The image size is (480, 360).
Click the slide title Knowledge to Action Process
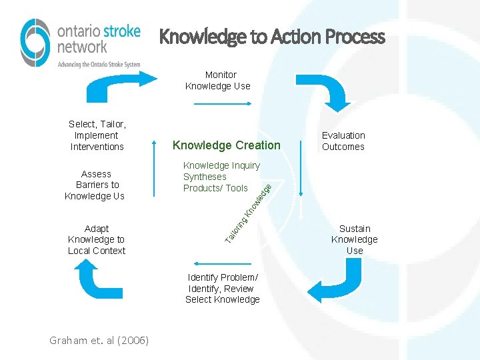pos(272,37)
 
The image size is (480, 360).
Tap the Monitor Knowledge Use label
pos(218,81)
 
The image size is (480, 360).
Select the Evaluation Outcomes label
pos(343,141)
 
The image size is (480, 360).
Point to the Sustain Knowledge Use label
pos(355,239)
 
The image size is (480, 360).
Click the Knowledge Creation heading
pos(227,145)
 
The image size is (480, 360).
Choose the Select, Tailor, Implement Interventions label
pos(97,135)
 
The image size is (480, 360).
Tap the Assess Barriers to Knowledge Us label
pos(95,185)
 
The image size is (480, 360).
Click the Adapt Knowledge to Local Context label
pos(97,239)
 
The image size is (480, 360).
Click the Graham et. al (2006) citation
pos(99,341)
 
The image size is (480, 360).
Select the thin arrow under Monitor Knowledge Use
pos(222,104)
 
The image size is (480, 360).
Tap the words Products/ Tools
pos(215,188)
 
